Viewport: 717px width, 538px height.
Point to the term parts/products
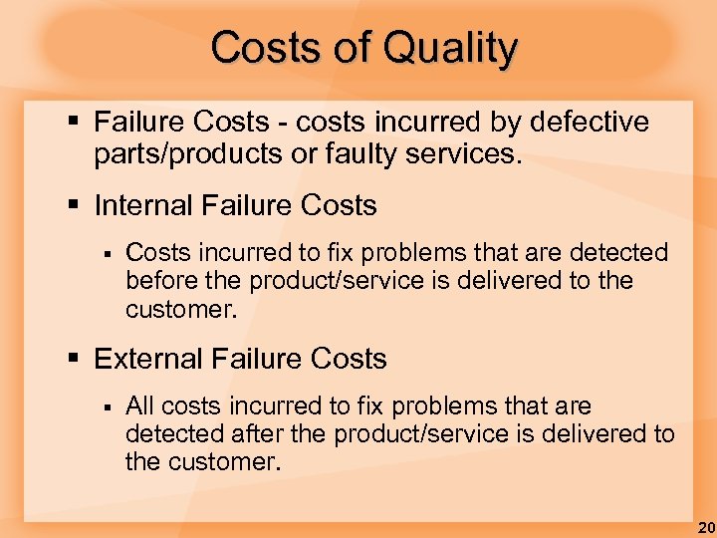point(181,155)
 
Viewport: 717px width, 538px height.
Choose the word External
point(145,359)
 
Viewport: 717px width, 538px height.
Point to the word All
point(139,406)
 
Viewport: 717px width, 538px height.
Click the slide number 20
point(705,526)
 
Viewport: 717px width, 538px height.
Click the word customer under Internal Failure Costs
point(180,309)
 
